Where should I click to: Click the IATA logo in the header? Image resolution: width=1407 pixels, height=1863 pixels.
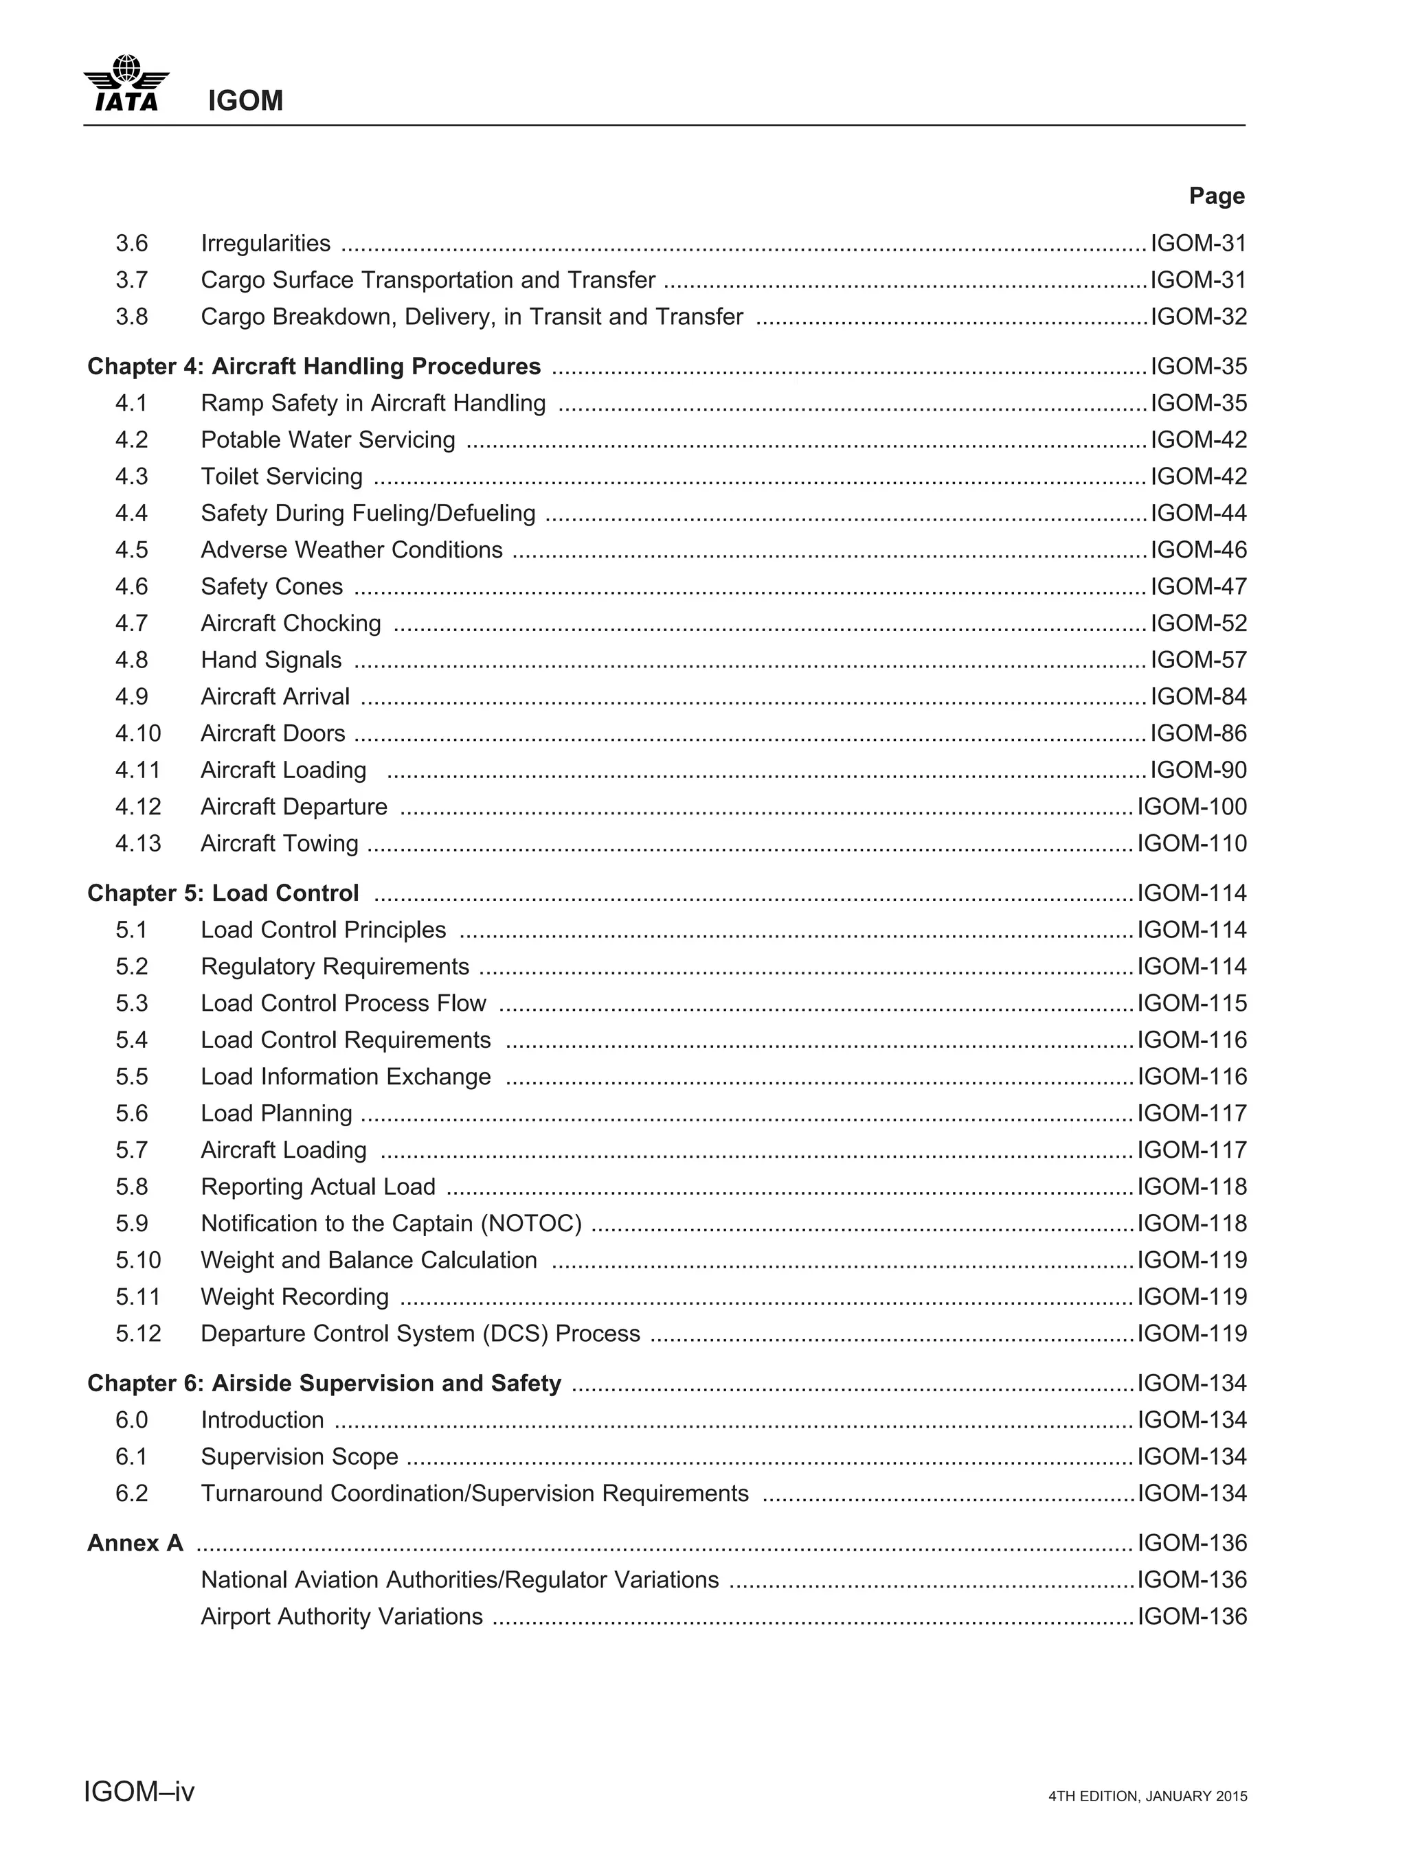point(126,83)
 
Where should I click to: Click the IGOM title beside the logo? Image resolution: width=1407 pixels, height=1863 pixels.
point(245,101)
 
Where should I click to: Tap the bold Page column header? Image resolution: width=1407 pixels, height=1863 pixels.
point(1216,196)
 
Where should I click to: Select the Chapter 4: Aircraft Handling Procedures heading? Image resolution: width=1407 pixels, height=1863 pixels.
point(314,367)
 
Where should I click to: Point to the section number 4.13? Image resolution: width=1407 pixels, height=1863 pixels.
point(137,844)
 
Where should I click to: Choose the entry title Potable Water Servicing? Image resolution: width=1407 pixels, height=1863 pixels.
point(328,439)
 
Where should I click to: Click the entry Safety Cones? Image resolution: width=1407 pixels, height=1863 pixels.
point(271,587)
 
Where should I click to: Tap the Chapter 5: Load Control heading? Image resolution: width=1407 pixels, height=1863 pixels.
point(223,893)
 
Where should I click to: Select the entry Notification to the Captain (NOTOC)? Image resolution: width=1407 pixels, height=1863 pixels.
point(391,1224)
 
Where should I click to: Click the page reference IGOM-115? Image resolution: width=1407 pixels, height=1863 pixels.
point(1191,1004)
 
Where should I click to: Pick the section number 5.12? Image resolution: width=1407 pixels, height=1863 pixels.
point(137,1334)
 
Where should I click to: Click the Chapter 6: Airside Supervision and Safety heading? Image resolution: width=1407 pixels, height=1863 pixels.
point(324,1384)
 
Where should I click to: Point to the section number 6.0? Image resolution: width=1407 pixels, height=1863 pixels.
point(131,1421)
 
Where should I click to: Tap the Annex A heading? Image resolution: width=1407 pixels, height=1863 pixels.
point(135,1543)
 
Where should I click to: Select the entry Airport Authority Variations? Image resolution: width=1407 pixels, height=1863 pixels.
point(341,1616)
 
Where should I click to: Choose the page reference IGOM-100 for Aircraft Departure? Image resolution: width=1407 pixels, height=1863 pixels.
point(1191,807)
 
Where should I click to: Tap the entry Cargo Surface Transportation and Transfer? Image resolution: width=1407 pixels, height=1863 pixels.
point(428,280)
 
